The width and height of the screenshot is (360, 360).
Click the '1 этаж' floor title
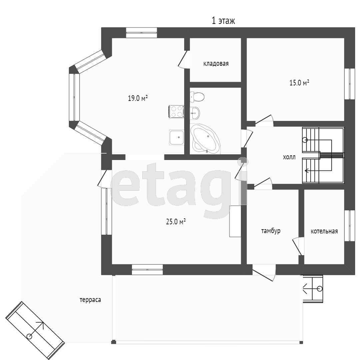pyautogui.click(x=223, y=21)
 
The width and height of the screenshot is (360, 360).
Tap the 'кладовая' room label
pyautogui.click(x=216, y=64)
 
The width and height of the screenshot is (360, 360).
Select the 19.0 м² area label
pyautogui.click(x=138, y=98)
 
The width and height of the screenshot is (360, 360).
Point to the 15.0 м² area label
pyautogui.click(x=299, y=82)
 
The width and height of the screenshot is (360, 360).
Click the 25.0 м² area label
pyautogui.click(x=176, y=222)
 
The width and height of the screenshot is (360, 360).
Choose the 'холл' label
pyautogui.click(x=289, y=157)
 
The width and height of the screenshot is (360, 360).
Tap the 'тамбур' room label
pyautogui.click(x=271, y=231)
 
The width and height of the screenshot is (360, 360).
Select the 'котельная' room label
pyautogui.click(x=324, y=231)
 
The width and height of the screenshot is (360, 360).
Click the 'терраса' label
pyautogui.click(x=90, y=300)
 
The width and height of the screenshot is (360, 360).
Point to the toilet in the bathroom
pyautogui.click(x=197, y=97)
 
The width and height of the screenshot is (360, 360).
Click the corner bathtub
pyautogui.click(x=205, y=139)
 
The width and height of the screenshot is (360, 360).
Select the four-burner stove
pyautogui.click(x=176, y=111)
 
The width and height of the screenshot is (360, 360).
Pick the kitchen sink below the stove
pyautogui.click(x=177, y=137)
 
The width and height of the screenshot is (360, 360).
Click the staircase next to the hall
pyautogui.click(x=323, y=155)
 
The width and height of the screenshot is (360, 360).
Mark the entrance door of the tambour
pyautogui.click(x=264, y=273)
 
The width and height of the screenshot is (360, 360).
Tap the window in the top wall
pyautogui.click(x=141, y=33)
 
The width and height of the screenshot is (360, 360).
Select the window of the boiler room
pyautogui.click(x=350, y=226)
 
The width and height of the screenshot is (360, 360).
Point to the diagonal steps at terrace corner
pyautogui.click(x=35, y=331)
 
